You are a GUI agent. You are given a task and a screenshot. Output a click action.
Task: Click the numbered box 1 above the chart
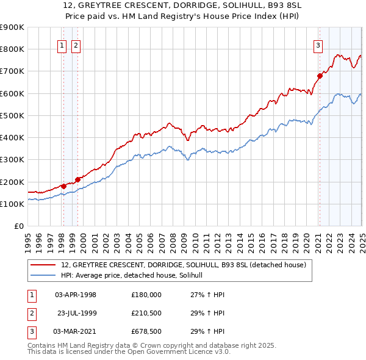click(62, 45)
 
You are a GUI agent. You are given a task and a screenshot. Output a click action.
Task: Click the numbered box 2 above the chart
click(76, 45)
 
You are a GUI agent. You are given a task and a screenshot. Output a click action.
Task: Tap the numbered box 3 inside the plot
click(318, 45)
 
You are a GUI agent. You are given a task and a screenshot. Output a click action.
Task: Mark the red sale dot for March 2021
click(319, 76)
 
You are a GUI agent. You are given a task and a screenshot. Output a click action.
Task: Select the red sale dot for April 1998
click(63, 186)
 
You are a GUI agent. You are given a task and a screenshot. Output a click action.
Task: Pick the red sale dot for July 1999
click(77, 179)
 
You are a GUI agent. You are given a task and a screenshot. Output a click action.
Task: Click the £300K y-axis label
click(12, 160)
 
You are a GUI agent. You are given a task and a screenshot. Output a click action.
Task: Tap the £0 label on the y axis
click(18, 226)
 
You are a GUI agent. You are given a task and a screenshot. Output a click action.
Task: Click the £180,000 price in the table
click(146, 295)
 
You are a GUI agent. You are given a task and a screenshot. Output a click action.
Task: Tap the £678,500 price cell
click(146, 333)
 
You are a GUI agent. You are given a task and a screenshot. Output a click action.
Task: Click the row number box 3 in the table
click(31, 333)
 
